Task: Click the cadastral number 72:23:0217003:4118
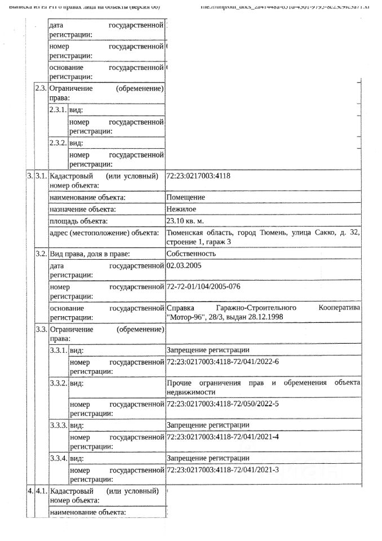(x=198, y=176)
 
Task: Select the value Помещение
(x=186, y=198)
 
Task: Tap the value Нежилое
(x=184, y=209)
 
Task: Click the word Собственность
(x=191, y=254)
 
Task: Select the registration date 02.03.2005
(x=184, y=265)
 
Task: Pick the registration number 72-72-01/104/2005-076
(x=203, y=287)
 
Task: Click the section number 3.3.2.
(x=58, y=383)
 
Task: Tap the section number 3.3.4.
(x=58, y=458)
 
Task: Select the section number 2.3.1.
(x=58, y=110)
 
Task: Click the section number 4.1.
(x=41, y=491)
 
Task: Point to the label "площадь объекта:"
(x=78, y=221)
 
